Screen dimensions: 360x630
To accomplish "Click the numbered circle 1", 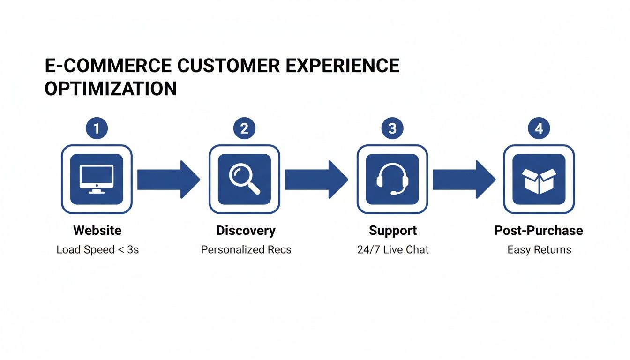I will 97,128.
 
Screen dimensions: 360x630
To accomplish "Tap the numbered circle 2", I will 244,128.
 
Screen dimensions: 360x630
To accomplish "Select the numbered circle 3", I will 392,128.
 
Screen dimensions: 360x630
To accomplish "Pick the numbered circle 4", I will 539,128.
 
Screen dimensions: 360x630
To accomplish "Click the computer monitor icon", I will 97,179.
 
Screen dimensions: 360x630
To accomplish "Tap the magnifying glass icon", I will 244,179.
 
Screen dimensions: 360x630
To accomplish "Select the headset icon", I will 392,179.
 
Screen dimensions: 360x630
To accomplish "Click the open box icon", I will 539,179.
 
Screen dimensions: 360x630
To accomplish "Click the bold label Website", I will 97,231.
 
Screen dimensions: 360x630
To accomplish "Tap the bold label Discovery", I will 246,231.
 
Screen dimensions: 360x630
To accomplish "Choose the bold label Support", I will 393,231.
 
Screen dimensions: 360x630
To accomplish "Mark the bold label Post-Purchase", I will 539,231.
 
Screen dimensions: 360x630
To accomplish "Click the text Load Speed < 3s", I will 97,249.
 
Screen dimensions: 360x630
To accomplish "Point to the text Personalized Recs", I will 246,249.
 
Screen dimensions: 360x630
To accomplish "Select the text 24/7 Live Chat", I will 393,249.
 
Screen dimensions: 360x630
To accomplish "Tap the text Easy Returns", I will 539,249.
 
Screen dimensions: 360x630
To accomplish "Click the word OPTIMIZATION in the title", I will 111,89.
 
